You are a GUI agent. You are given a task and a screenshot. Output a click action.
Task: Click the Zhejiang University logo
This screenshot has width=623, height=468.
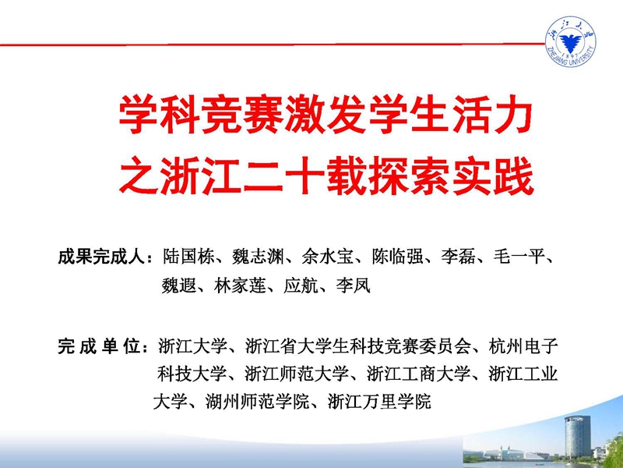[570, 41]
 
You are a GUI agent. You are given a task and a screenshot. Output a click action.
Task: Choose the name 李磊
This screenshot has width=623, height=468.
[458, 257]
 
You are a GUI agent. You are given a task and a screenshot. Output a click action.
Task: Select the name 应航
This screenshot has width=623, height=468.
[301, 285]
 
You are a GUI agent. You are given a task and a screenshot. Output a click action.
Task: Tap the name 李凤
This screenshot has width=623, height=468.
[354, 285]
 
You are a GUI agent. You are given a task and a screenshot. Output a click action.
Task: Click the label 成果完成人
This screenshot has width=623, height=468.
[100, 257]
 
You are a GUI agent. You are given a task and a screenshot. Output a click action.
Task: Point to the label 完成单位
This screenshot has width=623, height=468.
[100, 346]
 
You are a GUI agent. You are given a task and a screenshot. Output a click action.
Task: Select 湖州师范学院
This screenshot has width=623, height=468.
[257, 402]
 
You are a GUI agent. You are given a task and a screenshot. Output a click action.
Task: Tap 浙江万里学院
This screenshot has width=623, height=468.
[379, 402]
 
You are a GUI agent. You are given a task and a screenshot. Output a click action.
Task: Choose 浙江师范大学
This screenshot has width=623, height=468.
[297, 374]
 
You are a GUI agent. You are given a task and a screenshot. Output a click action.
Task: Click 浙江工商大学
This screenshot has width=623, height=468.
[418, 374]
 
